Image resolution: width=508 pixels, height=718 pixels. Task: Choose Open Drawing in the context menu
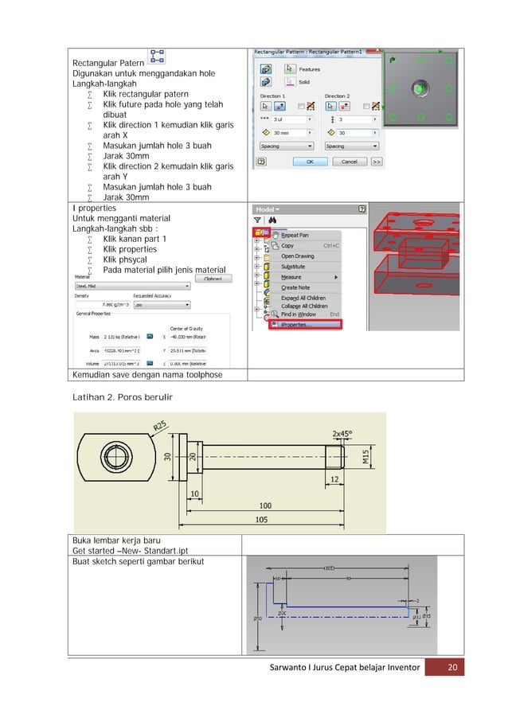coord(298,256)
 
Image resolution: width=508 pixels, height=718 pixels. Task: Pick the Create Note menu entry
coord(295,287)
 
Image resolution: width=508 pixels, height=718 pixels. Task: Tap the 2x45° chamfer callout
coord(348,434)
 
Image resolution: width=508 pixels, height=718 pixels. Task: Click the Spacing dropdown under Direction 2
coord(350,146)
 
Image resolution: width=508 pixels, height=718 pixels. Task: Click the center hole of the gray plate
coord(419,88)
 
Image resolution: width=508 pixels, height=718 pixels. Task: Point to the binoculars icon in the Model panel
coord(272,220)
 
